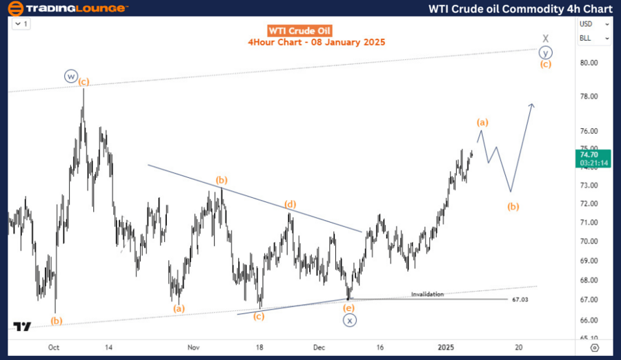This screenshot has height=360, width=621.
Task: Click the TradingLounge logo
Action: [66, 9]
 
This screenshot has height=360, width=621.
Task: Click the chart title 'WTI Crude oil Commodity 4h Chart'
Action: [520, 9]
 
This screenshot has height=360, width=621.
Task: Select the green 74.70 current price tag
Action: [594, 159]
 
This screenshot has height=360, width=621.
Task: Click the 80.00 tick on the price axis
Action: [588, 62]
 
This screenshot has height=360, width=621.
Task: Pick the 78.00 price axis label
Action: [588, 97]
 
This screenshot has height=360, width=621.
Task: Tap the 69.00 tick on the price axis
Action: [588, 261]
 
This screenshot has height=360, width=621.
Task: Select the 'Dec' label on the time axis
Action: [318, 348]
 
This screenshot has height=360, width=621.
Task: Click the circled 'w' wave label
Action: [70, 76]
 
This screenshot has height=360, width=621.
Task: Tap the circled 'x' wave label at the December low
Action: [350, 320]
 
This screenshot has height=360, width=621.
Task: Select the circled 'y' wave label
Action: [545, 52]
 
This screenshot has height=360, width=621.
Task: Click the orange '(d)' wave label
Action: [291, 204]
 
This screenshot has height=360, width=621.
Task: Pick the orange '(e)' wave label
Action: [349, 308]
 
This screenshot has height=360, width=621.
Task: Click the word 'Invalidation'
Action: [428, 294]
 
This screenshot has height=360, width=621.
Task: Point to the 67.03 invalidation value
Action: [521, 299]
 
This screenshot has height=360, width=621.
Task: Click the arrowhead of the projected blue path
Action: [532, 104]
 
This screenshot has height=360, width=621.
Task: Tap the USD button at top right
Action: [585, 24]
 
